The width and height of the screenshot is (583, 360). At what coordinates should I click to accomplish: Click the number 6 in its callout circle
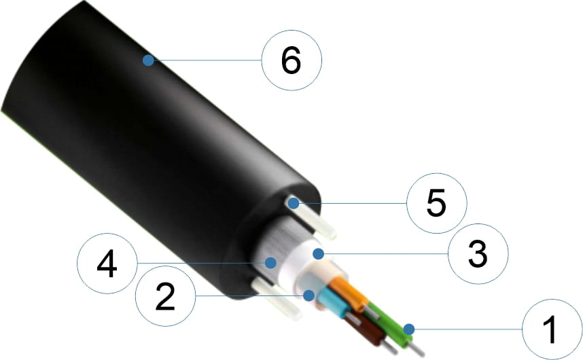(x=291, y=60)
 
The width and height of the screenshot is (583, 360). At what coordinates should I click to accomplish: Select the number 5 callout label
(x=436, y=203)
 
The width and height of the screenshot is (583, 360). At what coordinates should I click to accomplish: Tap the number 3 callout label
(x=478, y=254)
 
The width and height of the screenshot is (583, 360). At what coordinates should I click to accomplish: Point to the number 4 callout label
(x=107, y=264)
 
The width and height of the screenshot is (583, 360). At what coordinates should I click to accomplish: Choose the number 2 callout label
(x=165, y=296)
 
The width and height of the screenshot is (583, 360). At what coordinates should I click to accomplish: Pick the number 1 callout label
(x=550, y=329)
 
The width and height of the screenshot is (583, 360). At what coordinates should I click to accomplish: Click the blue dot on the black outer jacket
(x=148, y=60)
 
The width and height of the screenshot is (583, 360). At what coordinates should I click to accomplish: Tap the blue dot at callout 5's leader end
(x=294, y=203)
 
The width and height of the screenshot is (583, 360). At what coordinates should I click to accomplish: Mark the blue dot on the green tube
(x=409, y=329)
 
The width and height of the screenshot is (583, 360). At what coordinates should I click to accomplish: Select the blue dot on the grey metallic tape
(x=270, y=263)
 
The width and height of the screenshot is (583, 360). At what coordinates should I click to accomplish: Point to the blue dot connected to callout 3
(x=318, y=254)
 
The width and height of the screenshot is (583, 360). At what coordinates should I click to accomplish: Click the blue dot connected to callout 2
(x=308, y=295)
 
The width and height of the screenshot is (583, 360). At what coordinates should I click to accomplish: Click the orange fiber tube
(x=348, y=293)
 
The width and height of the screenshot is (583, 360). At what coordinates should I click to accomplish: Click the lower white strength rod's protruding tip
(x=294, y=311)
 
